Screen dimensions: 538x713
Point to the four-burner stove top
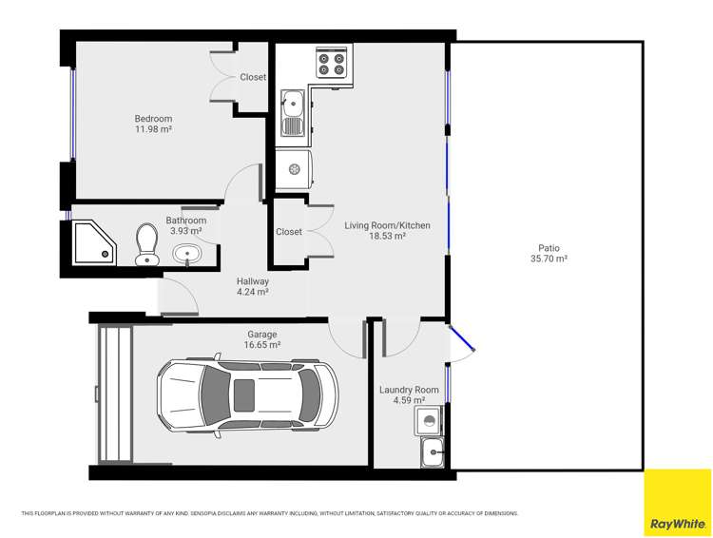pyautogui.click(x=332, y=63)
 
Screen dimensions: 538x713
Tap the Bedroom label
pyautogui.click(x=153, y=119)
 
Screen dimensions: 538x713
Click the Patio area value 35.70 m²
pyautogui.click(x=548, y=258)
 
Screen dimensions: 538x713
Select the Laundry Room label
pyautogui.click(x=409, y=390)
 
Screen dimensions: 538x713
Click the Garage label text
pyautogui.click(x=262, y=335)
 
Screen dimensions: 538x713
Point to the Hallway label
pyautogui.click(x=253, y=281)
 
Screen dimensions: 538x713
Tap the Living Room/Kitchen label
pyautogui.click(x=387, y=225)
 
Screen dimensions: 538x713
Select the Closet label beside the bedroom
pyautogui.click(x=253, y=77)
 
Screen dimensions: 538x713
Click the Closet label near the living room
pyautogui.click(x=289, y=232)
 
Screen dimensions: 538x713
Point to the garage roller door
pyautogui.click(x=113, y=393)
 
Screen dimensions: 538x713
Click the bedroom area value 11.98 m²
pyautogui.click(x=153, y=129)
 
